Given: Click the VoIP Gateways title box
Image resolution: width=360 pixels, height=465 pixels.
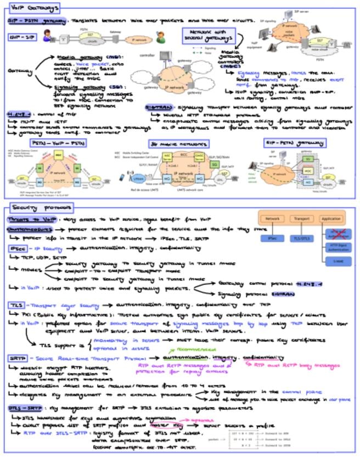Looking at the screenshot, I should [x=32, y=8].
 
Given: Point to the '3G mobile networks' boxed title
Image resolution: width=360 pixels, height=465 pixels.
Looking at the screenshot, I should [x=171, y=142].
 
